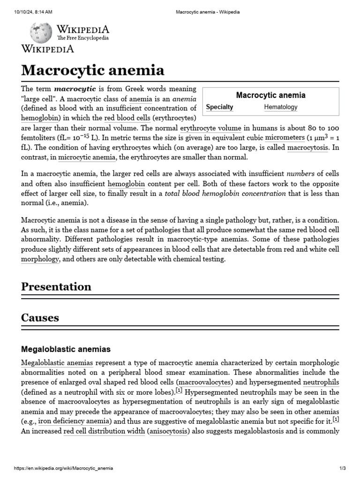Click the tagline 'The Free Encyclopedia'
83,38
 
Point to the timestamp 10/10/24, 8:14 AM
33,12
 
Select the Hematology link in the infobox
281,107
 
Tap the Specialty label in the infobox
219,107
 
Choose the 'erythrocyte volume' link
210,128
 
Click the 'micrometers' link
285,138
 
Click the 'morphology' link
40,259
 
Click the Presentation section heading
56,286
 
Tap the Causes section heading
40,317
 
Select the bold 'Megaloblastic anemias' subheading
66,349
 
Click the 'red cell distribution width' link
104,431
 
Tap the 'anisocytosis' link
168,431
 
